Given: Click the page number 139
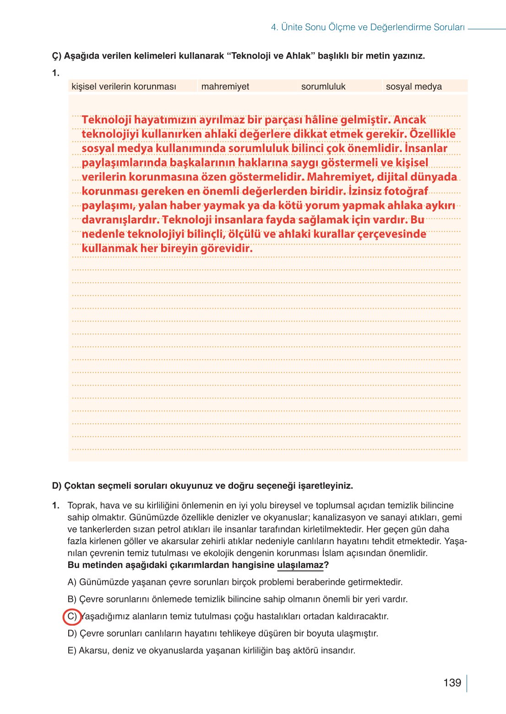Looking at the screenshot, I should click(452, 683).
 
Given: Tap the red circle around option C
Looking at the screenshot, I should click(72, 616).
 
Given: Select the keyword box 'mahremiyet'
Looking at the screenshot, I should click(225, 87).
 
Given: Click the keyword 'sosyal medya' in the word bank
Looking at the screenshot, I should click(414, 87).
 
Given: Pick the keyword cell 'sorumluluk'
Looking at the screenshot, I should click(323, 87).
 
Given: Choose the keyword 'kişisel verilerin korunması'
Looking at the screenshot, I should click(124, 87).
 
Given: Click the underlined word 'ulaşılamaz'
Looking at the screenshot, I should click(300, 565).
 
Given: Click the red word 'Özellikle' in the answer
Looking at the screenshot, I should click(432, 134).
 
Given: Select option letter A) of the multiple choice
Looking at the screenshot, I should click(72, 582).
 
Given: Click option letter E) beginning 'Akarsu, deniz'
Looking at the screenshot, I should click(72, 650).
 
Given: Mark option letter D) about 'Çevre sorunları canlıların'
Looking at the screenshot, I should click(72, 633).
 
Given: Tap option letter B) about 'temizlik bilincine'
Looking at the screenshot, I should click(72, 599).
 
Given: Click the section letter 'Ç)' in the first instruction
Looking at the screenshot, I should click(57, 56).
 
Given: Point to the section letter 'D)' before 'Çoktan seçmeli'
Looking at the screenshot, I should click(57, 485).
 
